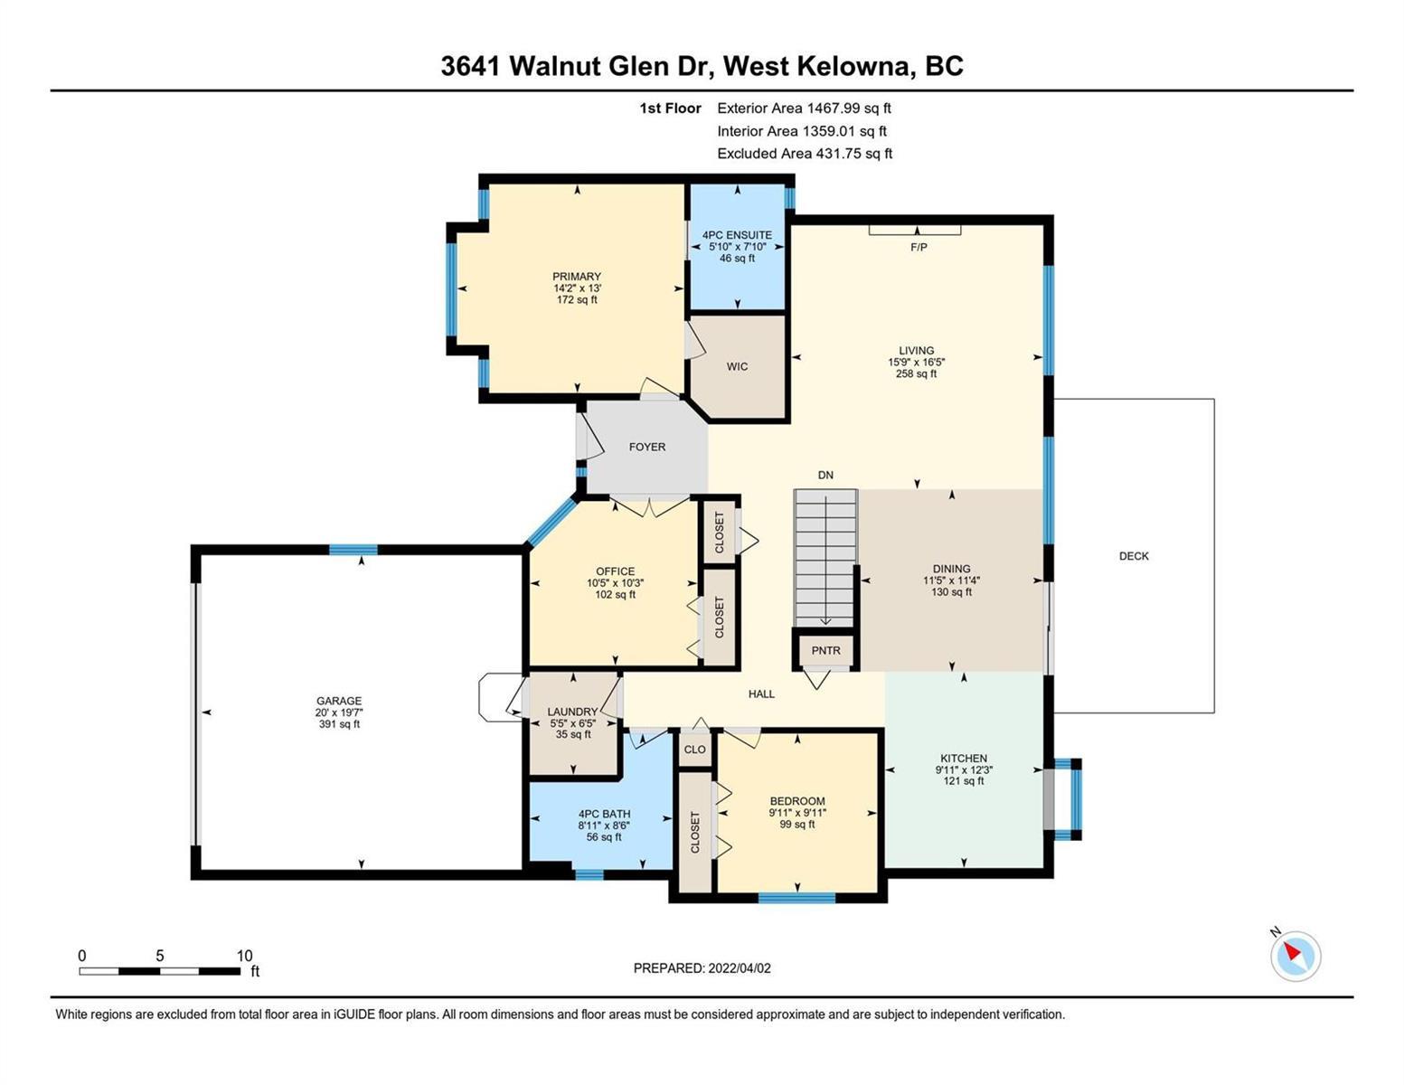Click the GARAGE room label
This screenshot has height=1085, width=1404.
click(x=338, y=701)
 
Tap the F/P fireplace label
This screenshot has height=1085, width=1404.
click(x=919, y=247)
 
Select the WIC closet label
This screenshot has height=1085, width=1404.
click(x=737, y=366)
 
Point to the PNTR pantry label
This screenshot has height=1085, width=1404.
click(x=825, y=651)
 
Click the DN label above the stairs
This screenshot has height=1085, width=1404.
click(x=825, y=475)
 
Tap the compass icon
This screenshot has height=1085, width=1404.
click(x=1295, y=955)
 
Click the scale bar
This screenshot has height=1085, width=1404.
click(x=160, y=971)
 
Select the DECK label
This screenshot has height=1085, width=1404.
click(x=1134, y=556)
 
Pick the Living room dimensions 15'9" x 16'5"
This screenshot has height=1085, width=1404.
click(x=916, y=363)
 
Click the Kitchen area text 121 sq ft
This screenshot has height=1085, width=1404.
click(x=964, y=780)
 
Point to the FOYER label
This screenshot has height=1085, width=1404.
click(x=646, y=447)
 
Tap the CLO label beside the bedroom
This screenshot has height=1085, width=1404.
click(x=694, y=750)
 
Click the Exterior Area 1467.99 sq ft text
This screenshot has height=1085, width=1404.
click(x=804, y=108)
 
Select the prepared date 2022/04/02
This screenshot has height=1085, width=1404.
click(x=740, y=968)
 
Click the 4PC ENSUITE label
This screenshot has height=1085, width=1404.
click(x=737, y=235)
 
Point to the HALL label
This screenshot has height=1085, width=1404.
click(x=761, y=694)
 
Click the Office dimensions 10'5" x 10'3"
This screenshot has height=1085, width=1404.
click(x=615, y=583)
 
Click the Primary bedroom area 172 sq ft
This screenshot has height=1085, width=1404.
click(x=577, y=300)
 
